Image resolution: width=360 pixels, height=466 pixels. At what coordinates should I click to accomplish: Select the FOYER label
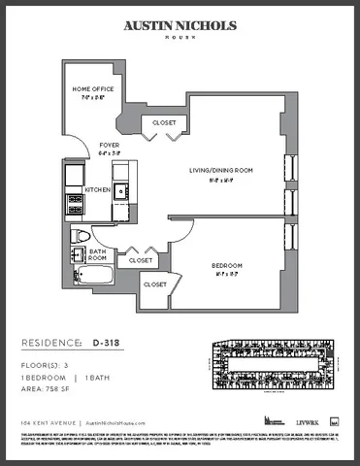110,148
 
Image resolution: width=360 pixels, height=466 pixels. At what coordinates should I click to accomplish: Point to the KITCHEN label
97,190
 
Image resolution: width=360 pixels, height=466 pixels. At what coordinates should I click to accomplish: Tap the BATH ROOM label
98,253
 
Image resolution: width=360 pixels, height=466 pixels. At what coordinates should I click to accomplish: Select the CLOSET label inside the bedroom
154,284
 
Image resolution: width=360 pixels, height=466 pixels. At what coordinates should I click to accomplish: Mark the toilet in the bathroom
82,236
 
